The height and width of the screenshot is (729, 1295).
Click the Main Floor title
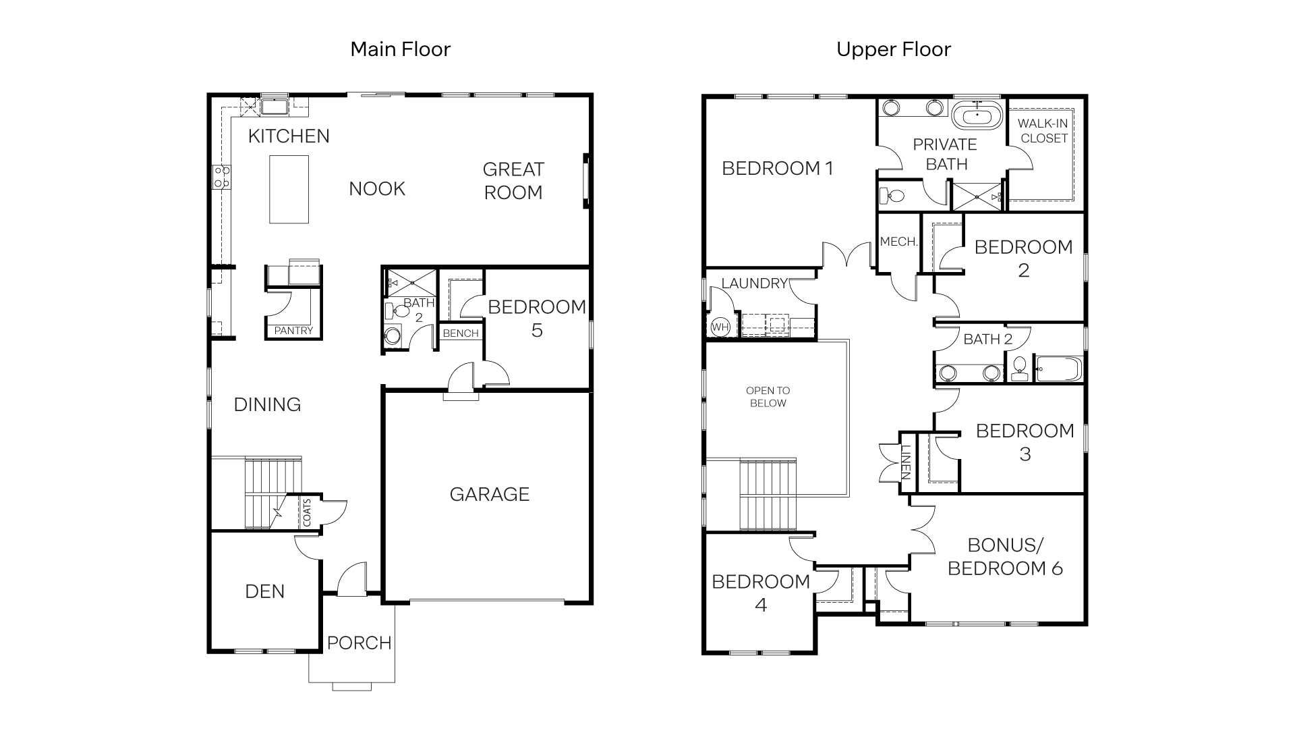[x=400, y=49]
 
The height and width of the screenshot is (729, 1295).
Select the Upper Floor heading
[x=893, y=49]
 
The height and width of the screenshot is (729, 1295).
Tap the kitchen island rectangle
[x=289, y=189]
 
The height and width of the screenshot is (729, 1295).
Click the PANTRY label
[x=293, y=331]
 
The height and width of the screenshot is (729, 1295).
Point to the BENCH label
[x=461, y=333]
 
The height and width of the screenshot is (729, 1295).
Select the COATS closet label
[x=307, y=513]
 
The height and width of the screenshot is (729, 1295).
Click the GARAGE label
[x=489, y=494]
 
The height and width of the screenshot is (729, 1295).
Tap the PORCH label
[x=359, y=643]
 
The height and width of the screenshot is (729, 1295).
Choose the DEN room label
[x=264, y=591]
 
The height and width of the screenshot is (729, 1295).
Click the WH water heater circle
[x=720, y=327]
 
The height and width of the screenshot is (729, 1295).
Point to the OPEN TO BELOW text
[x=768, y=397]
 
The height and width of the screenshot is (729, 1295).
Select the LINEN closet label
[x=906, y=462]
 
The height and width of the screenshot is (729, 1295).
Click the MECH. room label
[x=898, y=242]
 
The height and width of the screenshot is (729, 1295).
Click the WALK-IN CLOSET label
[x=1043, y=131]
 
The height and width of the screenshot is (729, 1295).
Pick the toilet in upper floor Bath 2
[x=1019, y=369]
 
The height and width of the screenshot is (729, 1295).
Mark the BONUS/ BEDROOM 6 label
[x=1005, y=556]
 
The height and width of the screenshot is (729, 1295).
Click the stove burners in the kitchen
[x=222, y=177]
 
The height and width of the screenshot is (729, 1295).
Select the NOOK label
[x=376, y=189]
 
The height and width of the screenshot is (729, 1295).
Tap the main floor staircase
[x=272, y=493]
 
